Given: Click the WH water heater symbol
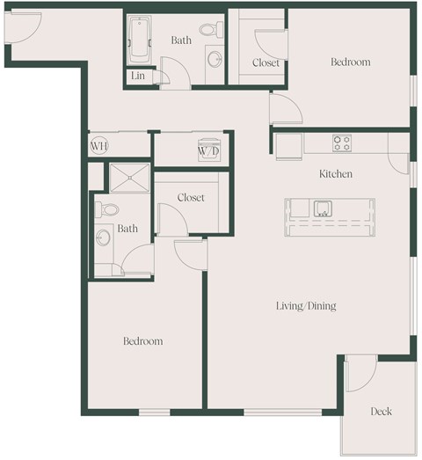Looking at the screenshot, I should tap(98, 146).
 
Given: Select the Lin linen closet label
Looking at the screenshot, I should tap(138, 77).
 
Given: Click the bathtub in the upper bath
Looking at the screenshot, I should tap(140, 40).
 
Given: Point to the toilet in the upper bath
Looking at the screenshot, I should tap(208, 30).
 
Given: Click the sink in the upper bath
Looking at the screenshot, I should tap(214, 60).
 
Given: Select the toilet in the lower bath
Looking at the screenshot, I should tap(105, 210).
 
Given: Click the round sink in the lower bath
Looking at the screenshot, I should tap(102, 237).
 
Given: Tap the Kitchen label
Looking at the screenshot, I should tap(335, 174).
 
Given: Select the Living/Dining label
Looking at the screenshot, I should tap(306, 306).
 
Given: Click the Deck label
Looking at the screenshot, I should tap(380, 412).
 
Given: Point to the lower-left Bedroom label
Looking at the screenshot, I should tap(142, 341).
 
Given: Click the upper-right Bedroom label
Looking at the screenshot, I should tap(350, 62).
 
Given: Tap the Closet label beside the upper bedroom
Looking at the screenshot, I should tap(266, 62).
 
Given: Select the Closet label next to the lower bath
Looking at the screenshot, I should tap(190, 198).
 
